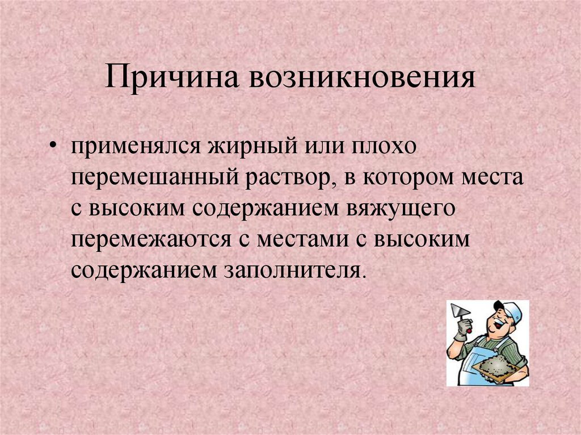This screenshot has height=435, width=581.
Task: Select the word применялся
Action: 136,147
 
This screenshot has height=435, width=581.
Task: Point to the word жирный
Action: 252,147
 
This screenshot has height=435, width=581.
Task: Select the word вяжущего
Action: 401,209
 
